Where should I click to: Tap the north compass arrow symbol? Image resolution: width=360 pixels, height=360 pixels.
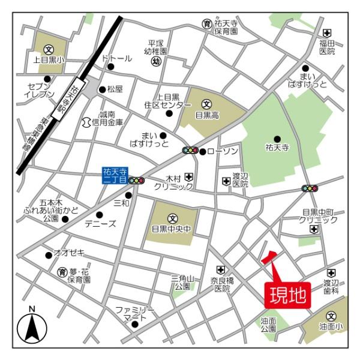pos(32,328)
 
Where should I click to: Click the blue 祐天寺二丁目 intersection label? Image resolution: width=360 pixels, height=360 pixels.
pos(114,175)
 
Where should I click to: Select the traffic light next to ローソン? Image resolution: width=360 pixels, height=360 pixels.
pos(191,151)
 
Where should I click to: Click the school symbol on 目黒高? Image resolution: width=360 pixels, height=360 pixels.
pos(207,103)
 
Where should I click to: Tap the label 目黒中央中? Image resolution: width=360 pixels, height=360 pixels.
pos(172,229)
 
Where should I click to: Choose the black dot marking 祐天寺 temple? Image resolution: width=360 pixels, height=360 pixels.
pos(277,139)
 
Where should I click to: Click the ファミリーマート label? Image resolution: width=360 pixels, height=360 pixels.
pos(135,313)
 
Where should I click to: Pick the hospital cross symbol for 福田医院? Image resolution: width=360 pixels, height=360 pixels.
pos(327,32)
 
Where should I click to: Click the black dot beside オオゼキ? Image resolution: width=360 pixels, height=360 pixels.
pos(49,254)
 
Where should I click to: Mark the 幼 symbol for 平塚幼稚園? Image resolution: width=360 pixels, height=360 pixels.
pos(156,62)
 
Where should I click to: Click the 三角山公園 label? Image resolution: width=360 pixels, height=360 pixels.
pos(182,283)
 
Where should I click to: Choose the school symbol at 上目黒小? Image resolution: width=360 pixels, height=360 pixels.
pos(49,49)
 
